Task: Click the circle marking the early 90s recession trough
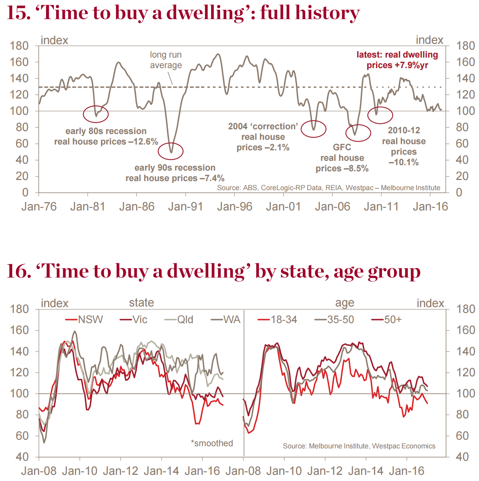pos(171,151)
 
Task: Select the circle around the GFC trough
pos(358,133)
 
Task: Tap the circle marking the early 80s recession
pos(96,114)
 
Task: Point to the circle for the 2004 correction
pos(314,129)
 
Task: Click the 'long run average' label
pos(166,60)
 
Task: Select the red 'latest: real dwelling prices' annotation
pos(397,60)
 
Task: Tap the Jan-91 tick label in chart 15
pos(185,207)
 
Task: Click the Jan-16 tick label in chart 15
pos(430,207)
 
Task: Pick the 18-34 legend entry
pos(277,319)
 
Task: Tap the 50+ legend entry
pos(387,319)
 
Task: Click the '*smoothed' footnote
pos(212,443)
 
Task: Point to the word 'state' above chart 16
pos(142,303)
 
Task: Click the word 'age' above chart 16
pos(345,303)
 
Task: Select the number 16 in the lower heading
pos(17,272)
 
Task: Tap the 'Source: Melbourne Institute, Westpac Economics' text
pos(359,446)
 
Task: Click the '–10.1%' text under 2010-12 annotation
pos(404,162)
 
